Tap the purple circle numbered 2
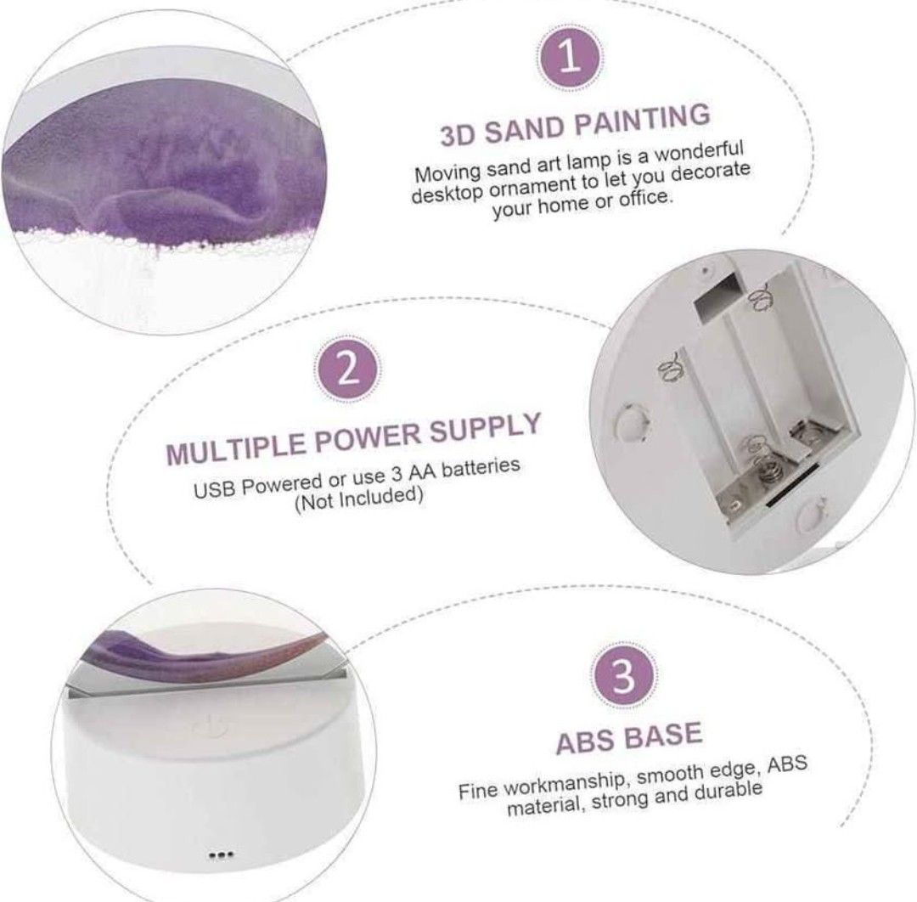[x=348, y=369]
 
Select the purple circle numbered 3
[x=622, y=675]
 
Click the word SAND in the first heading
[x=523, y=129]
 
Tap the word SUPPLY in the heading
[x=484, y=426]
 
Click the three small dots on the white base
[x=221, y=855]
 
